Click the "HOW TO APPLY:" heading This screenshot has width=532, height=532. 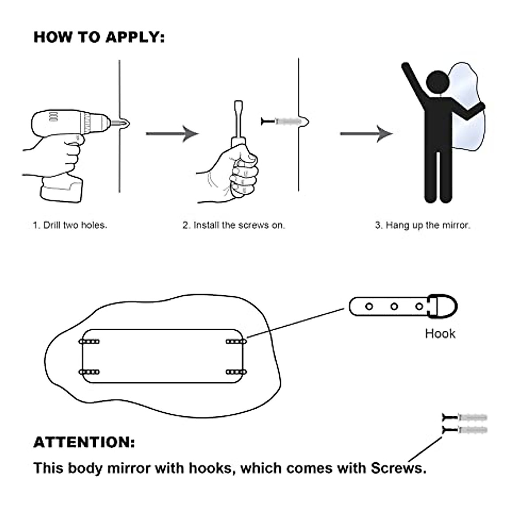pyautogui.click(x=99, y=37)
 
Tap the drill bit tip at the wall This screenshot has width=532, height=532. pyautogui.click(x=125, y=122)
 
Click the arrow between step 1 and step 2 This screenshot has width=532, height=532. pyautogui.click(x=172, y=133)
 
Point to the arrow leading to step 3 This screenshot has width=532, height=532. pyautogui.click(x=366, y=133)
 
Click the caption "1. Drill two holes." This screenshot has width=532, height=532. pyautogui.click(x=70, y=225)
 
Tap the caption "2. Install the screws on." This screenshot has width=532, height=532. pyautogui.click(x=234, y=225)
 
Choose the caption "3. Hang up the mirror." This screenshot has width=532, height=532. pyautogui.click(x=422, y=225)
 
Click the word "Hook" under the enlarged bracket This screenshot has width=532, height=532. pyautogui.click(x=440, y=333)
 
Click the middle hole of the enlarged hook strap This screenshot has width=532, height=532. pyautogui.click(x=394, y=306)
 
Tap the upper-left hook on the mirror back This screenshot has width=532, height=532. pyautogui.click(x=89, y=342)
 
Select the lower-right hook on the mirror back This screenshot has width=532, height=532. pyautogui.click(x=235, y=372)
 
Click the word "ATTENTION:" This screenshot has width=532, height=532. pyautogui.click(x=84, y=442)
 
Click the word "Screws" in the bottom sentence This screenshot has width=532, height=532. pyautogui.click(x=398, y=468)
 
